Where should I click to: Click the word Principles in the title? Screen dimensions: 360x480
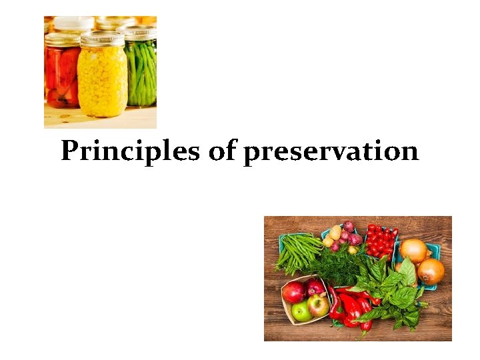[131, 151]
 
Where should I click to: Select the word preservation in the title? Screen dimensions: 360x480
[331, 152]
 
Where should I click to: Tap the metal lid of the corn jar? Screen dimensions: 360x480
[102, 39]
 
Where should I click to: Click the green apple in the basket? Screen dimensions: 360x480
[301, 311]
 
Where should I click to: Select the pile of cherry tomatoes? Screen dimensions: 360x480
[381, 241]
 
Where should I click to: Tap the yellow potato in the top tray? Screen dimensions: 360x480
[335, 232]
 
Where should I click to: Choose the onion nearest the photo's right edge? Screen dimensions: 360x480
[431, 271]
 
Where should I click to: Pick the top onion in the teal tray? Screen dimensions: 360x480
[413, 251]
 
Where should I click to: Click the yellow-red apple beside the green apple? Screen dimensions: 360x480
[318, 305]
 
